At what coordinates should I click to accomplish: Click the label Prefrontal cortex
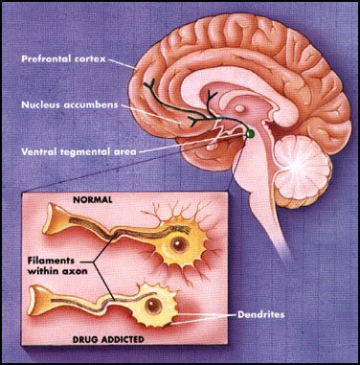point(63,59)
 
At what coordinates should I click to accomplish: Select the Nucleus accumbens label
point(70,104)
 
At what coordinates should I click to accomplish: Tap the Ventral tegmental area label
point(79,151)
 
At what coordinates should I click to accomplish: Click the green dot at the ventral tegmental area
point(250,133)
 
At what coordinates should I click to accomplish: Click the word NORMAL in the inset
point(93,200)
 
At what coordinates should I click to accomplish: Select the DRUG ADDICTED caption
point(108,339)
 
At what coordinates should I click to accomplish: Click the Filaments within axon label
point(57,265)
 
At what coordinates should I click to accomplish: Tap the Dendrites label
point(260,314)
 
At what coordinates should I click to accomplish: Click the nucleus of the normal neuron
point(177,244)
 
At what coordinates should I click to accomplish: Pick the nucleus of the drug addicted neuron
point(153,306)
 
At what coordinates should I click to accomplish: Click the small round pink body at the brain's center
point(240,109)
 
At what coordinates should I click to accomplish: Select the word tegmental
point(84,151)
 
